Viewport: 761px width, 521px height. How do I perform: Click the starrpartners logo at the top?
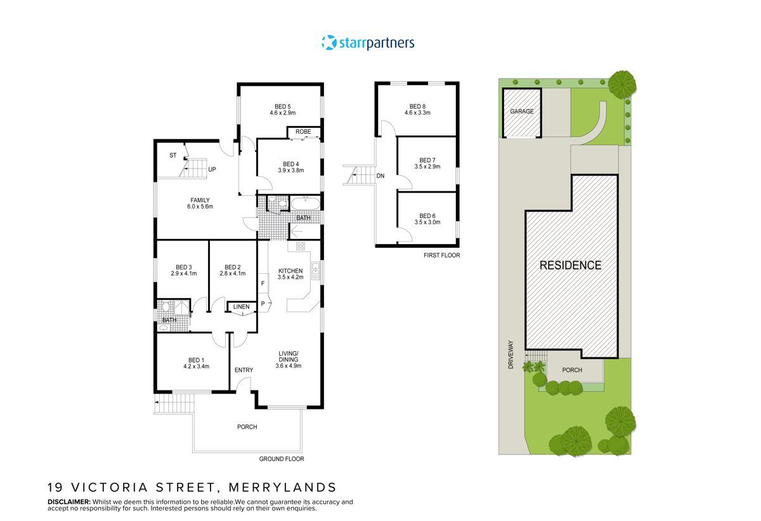tap(368, 43)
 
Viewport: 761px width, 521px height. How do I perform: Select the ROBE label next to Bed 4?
tap(303, 132)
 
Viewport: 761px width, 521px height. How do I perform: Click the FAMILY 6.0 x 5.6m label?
tap(200, 200)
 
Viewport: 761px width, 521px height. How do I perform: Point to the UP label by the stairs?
tap(212, 169)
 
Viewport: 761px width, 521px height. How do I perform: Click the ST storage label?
tap(172, 155)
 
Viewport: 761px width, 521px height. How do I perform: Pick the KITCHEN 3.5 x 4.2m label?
tap(290, 271)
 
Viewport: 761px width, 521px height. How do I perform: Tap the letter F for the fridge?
tap(263, 283)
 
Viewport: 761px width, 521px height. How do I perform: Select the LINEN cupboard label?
tap(241, 307)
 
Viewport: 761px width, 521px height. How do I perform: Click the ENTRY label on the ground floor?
tap(244, 370)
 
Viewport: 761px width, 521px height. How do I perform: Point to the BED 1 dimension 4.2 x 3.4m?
tap(196, 366)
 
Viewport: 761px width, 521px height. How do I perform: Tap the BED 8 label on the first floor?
tap(417, 106)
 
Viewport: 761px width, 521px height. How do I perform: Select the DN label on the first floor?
tap(380, 176)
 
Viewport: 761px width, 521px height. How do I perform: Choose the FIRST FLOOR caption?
tap(441, 255)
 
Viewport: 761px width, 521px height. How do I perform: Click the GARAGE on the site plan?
tap(521, 112)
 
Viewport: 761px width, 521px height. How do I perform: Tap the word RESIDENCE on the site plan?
tap(570, 266)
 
